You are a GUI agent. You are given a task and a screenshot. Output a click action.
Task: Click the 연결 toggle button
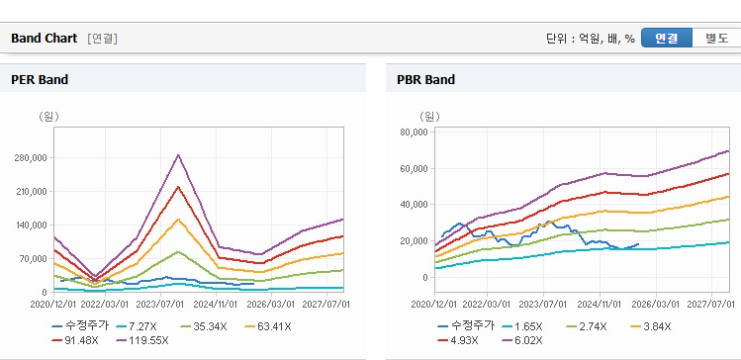click(667, 38)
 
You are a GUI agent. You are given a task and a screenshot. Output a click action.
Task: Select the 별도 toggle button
click(716, 38)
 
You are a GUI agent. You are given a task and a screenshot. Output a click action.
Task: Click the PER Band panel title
click(40, 80)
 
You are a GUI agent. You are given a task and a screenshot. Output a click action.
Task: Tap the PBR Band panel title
click(426, 80)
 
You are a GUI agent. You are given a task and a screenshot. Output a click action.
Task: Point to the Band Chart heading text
click(44, 39)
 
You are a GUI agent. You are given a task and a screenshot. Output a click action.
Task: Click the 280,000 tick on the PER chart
click(33, 158)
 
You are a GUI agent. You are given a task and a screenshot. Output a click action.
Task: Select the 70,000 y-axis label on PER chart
click(35, 259)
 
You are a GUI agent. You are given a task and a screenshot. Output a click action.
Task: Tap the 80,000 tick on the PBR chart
click(414, 133)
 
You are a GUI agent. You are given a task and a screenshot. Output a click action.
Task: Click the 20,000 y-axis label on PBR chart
click(414, 241)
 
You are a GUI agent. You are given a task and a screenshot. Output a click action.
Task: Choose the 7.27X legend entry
click(139, 326)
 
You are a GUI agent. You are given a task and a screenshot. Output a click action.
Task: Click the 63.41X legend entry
click(268, 326)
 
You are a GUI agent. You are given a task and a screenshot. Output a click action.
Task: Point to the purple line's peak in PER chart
click(178, 154)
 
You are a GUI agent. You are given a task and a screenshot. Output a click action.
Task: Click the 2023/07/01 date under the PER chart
click(160, 304)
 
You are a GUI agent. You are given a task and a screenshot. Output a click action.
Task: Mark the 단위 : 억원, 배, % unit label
click(591, 39)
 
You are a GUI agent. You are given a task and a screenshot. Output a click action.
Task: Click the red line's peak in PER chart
click(178, 187)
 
